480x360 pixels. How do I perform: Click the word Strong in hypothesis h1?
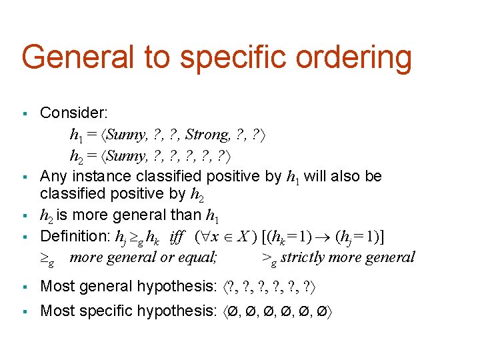click(207, 135)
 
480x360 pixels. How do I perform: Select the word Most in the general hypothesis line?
click(56, 286)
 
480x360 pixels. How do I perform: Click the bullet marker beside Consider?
click(25, 113)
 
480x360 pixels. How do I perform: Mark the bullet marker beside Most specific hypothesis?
click(25, 311)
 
